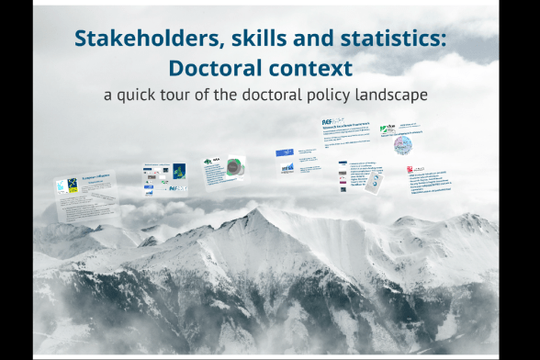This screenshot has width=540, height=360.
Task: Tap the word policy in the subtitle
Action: point(323,95)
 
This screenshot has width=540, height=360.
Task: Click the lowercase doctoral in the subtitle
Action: point(271,95)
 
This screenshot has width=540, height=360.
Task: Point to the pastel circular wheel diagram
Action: point(407,144)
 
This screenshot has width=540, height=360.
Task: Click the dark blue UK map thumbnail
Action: point(179,171)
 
